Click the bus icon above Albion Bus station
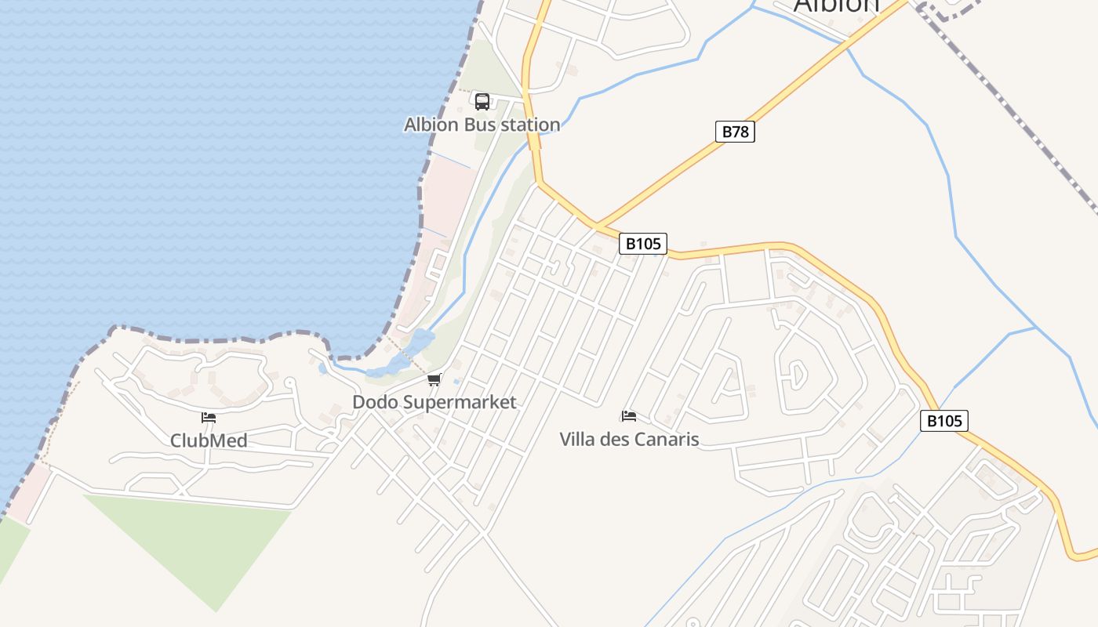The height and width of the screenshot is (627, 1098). click(482, 101)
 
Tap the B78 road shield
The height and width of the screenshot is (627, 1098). click(735, 132)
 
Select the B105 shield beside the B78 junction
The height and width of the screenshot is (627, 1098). click(643, 244)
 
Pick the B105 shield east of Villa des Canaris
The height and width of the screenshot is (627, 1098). click(943, 421)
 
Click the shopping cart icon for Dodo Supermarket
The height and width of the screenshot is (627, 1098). click(434, 380)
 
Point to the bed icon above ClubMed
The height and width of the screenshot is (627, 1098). click(209, 418)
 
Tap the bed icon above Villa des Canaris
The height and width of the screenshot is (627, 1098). click(628, 416)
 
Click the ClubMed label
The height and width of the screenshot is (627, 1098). click(209, 440)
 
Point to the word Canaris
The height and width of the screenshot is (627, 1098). click(666, 439)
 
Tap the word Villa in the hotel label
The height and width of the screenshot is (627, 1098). click(576, 439)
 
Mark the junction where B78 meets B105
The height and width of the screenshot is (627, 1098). click(597, 225)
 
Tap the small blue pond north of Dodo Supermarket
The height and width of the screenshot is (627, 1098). click(421, 340)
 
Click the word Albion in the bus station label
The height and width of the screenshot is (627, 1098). click(431, 125)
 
